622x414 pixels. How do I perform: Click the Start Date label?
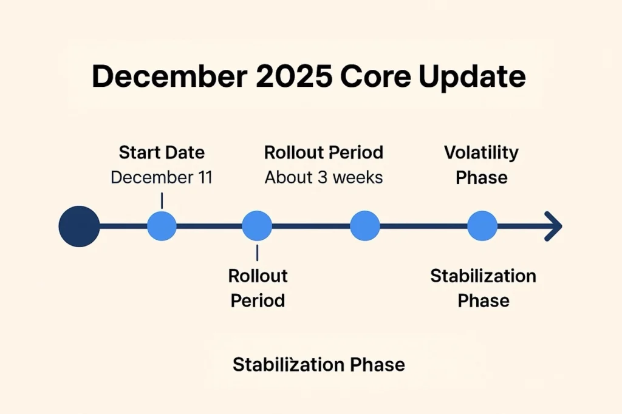tap(162, 152)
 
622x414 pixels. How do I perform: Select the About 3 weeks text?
tap(323, 178)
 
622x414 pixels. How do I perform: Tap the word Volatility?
tap(481, 152)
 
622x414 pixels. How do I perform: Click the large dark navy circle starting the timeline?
tap(79, 226)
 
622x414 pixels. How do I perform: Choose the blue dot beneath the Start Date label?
tap(162, 226)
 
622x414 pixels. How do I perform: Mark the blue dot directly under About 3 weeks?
tap(365, 226)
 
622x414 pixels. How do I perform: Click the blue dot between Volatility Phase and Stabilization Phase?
tap(482, 226)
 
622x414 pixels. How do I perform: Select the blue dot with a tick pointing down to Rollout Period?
tap(257, 226)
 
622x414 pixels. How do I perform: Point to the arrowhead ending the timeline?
tap(553, 226)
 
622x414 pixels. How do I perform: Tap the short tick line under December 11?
tap(162, 200)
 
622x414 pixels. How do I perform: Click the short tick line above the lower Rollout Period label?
tap(257, 253)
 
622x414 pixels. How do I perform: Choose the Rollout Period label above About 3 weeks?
tap(323, 152)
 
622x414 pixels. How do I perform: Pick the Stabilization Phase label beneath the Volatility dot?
tap(483, 288)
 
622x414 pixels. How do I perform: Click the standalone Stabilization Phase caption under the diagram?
tap(318, 365)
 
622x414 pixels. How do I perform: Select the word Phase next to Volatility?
tap(481, 178)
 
